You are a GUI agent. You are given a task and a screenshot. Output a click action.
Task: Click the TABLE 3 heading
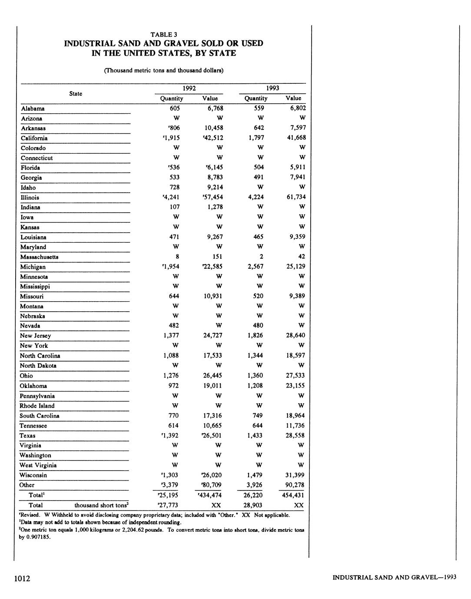point(163,34)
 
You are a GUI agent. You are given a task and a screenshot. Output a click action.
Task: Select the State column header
point(76,93)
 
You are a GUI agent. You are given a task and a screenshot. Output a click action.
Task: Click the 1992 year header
point(189,88)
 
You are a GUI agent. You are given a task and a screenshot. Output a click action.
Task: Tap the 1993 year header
point(272,88)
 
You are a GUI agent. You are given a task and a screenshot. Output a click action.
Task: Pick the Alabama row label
point(33,109)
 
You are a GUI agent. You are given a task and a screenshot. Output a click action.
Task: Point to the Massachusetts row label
point(39,257)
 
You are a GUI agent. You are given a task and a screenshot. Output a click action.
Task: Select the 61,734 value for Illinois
point(295,197)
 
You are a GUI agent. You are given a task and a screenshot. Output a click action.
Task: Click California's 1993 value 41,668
point(295,138)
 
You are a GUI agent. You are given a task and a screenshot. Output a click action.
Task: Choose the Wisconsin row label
point(33,475)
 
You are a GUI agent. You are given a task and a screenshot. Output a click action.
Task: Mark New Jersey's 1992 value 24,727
point(212,336)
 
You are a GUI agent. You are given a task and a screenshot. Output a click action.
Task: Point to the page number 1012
point(22,578)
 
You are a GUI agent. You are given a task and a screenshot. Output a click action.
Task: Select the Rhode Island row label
point(37,406)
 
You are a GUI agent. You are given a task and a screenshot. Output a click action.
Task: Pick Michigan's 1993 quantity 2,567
point(256,267)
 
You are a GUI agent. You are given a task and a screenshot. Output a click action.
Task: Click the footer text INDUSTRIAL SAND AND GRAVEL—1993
point(394,577)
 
